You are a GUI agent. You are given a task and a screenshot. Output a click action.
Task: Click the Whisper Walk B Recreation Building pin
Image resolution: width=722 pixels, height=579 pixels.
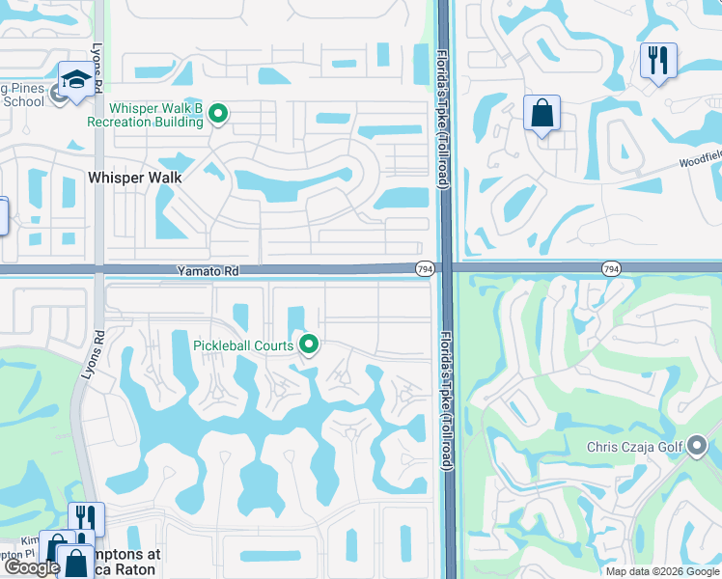click(218, 115)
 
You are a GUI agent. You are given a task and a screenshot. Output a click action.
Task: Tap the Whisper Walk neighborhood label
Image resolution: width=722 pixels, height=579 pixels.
click(135, 178)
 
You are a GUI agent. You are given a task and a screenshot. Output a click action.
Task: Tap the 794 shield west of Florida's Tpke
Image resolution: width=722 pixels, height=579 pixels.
click(424, 268)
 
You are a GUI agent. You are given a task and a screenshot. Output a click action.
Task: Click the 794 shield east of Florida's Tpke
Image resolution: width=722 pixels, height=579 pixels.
click(610, 268)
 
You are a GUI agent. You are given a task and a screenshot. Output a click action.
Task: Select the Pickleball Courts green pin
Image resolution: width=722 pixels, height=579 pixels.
click(309, 344)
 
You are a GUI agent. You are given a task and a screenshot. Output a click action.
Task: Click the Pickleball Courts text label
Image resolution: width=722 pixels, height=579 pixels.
click(242, 345)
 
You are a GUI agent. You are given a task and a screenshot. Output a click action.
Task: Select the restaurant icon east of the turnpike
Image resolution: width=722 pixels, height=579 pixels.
click(657, 60)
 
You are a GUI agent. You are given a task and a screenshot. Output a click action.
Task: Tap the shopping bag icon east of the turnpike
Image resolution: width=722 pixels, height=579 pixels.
click(541, 112)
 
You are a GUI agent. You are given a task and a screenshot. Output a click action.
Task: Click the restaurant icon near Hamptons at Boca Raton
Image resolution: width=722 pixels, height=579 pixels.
click(87, 518)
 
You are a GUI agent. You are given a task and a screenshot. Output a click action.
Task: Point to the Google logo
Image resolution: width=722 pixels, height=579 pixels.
click(32, 568)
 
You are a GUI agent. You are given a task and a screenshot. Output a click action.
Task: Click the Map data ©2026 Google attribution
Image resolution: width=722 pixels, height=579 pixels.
click(662, 571)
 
